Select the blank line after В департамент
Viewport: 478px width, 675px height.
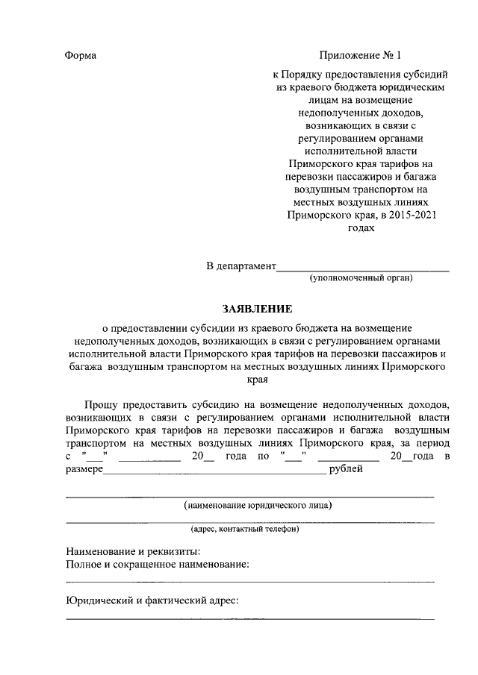tap(363, 269)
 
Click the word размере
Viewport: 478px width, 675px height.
tap(84, 469)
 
